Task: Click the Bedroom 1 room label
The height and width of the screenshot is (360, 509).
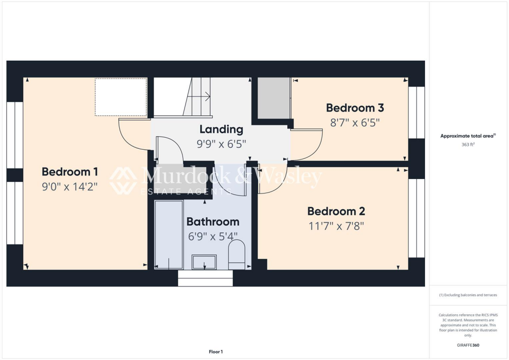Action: coord(70,172)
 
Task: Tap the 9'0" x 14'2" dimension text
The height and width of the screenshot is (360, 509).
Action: coord(70,187)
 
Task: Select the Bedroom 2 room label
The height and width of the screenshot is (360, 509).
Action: coord(336,211)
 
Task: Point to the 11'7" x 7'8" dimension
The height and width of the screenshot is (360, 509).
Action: coord(336,226)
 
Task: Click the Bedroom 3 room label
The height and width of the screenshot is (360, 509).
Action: coord(355,108)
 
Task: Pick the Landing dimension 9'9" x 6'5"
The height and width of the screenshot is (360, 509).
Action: coord(221,144)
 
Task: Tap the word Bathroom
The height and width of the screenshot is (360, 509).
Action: coord(213,222)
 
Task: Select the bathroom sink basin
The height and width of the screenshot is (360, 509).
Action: coord(204,262)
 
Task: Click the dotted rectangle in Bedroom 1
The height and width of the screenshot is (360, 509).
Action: coord(121,97)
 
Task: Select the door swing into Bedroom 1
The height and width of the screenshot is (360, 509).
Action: coord(133,135)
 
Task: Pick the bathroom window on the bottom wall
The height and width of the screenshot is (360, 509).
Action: coord(205,278)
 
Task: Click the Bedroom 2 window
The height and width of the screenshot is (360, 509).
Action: coord(417,218)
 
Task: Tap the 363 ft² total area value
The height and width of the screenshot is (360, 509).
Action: coord(468,145)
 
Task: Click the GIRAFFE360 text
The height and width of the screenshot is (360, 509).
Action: coord(468,345)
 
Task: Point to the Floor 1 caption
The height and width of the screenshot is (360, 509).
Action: coord(216,352)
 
